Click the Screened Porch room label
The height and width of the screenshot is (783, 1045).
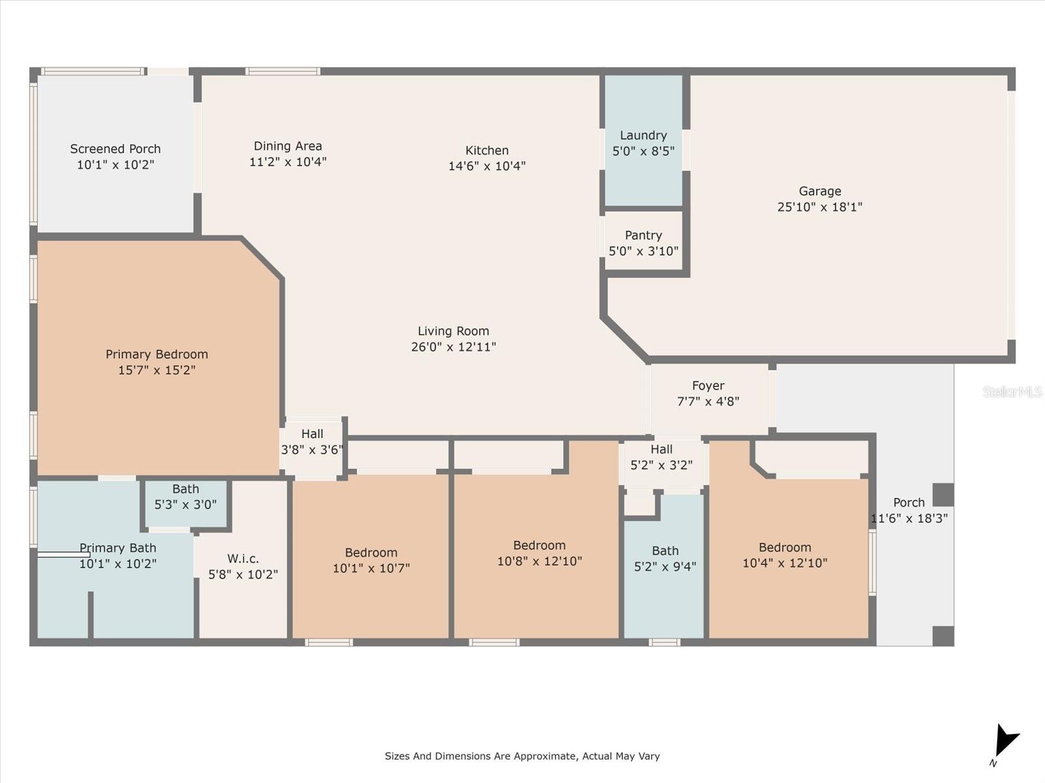tap(115, 149)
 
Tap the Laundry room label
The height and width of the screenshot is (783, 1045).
tap(643, 136)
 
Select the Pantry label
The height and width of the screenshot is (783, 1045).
tap(643, 236)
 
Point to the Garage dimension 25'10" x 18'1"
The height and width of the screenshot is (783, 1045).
tap(820, 207)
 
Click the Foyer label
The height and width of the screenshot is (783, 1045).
tap(709, 386)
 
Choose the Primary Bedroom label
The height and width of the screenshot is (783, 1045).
tap(157, 354)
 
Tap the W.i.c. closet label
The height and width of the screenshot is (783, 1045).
tap(243, 559)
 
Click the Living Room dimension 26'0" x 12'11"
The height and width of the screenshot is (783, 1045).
tap(453, 347)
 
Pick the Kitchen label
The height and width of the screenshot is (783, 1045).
tap(487, 150)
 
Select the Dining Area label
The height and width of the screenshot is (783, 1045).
tap(287, 146)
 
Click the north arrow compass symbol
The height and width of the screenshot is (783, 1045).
tap(1005, 743)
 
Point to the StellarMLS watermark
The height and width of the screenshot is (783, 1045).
tap(1012, 391)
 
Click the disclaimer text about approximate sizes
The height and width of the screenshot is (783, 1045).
tap(522, 756)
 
